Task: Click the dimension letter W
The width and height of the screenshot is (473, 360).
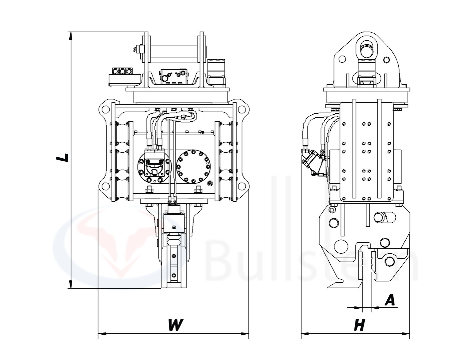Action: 175,325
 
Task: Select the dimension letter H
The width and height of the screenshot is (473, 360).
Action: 359,325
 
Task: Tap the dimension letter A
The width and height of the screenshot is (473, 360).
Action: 389,300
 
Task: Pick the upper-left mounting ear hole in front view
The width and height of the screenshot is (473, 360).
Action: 106,109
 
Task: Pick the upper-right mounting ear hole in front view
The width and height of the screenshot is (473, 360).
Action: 241,109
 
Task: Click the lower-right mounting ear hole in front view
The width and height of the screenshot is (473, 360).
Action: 241,185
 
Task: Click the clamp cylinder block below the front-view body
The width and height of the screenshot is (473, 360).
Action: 173,223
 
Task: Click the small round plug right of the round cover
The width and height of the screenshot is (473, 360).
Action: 210,184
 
